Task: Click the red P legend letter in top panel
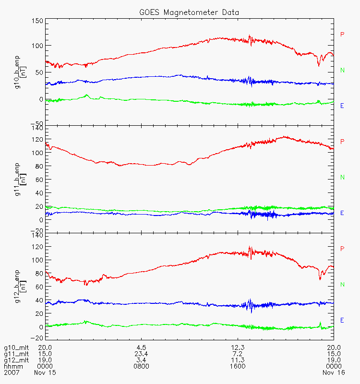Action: [342, 34]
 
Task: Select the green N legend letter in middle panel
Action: [342, 178]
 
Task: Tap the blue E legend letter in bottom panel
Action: [342, 320]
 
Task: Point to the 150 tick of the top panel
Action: [37, 21]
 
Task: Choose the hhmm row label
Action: [12, 366]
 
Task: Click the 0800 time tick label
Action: [141, 366]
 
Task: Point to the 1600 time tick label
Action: [238, 366]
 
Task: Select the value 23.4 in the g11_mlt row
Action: [141, 353]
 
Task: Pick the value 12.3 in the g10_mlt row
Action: [238, 347]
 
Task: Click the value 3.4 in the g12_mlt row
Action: [141, 360]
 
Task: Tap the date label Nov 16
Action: [333, 372]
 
